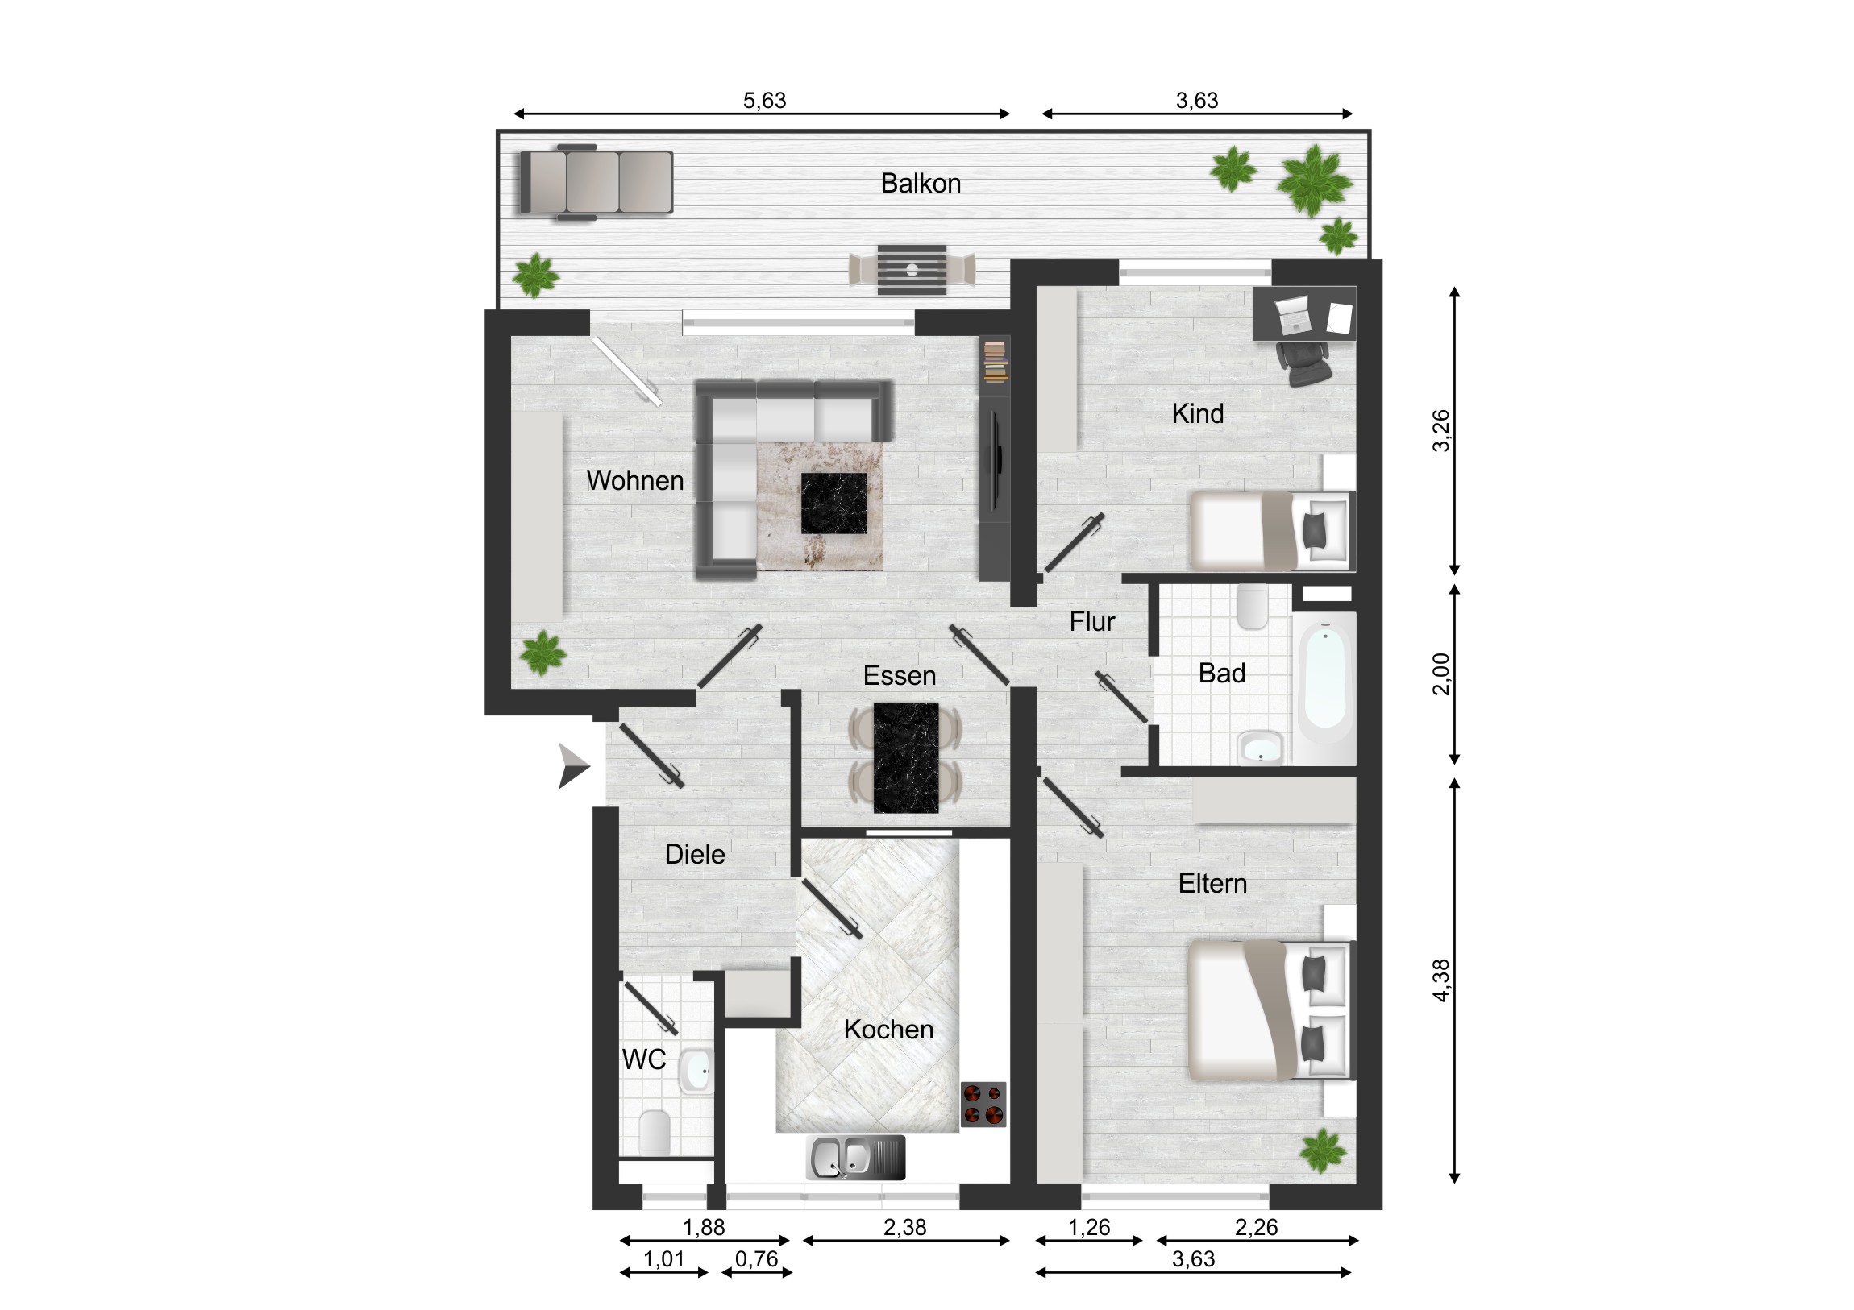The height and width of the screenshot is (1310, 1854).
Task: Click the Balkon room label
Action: point(921,183)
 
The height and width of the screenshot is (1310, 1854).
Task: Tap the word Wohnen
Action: point(634,480)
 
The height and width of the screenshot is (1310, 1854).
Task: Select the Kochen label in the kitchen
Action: point(888,1029)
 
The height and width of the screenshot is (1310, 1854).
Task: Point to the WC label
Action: point(643,1059)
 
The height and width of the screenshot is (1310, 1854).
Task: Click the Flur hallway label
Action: point(1091,621)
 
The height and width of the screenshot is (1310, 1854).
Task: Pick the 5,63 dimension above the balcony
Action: point(764,100)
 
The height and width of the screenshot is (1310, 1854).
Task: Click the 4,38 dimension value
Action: point(1440,980)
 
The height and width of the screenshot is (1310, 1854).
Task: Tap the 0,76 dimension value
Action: point(757,1259)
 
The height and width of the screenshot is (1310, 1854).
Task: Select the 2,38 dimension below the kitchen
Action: point(904,1228)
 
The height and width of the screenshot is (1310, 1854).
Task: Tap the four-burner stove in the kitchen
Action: point(983,1105)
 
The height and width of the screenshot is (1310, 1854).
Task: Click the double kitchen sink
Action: point(856,1158)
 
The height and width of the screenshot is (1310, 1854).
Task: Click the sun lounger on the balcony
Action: point(596,182)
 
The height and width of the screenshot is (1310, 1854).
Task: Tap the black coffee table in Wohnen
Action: point(833,504)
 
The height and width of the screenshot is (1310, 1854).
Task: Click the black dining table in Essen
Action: point(906,757)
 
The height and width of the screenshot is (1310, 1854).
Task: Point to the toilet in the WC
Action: point(655,1132)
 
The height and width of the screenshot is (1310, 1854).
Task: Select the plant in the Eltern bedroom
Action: point(1323,1150)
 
